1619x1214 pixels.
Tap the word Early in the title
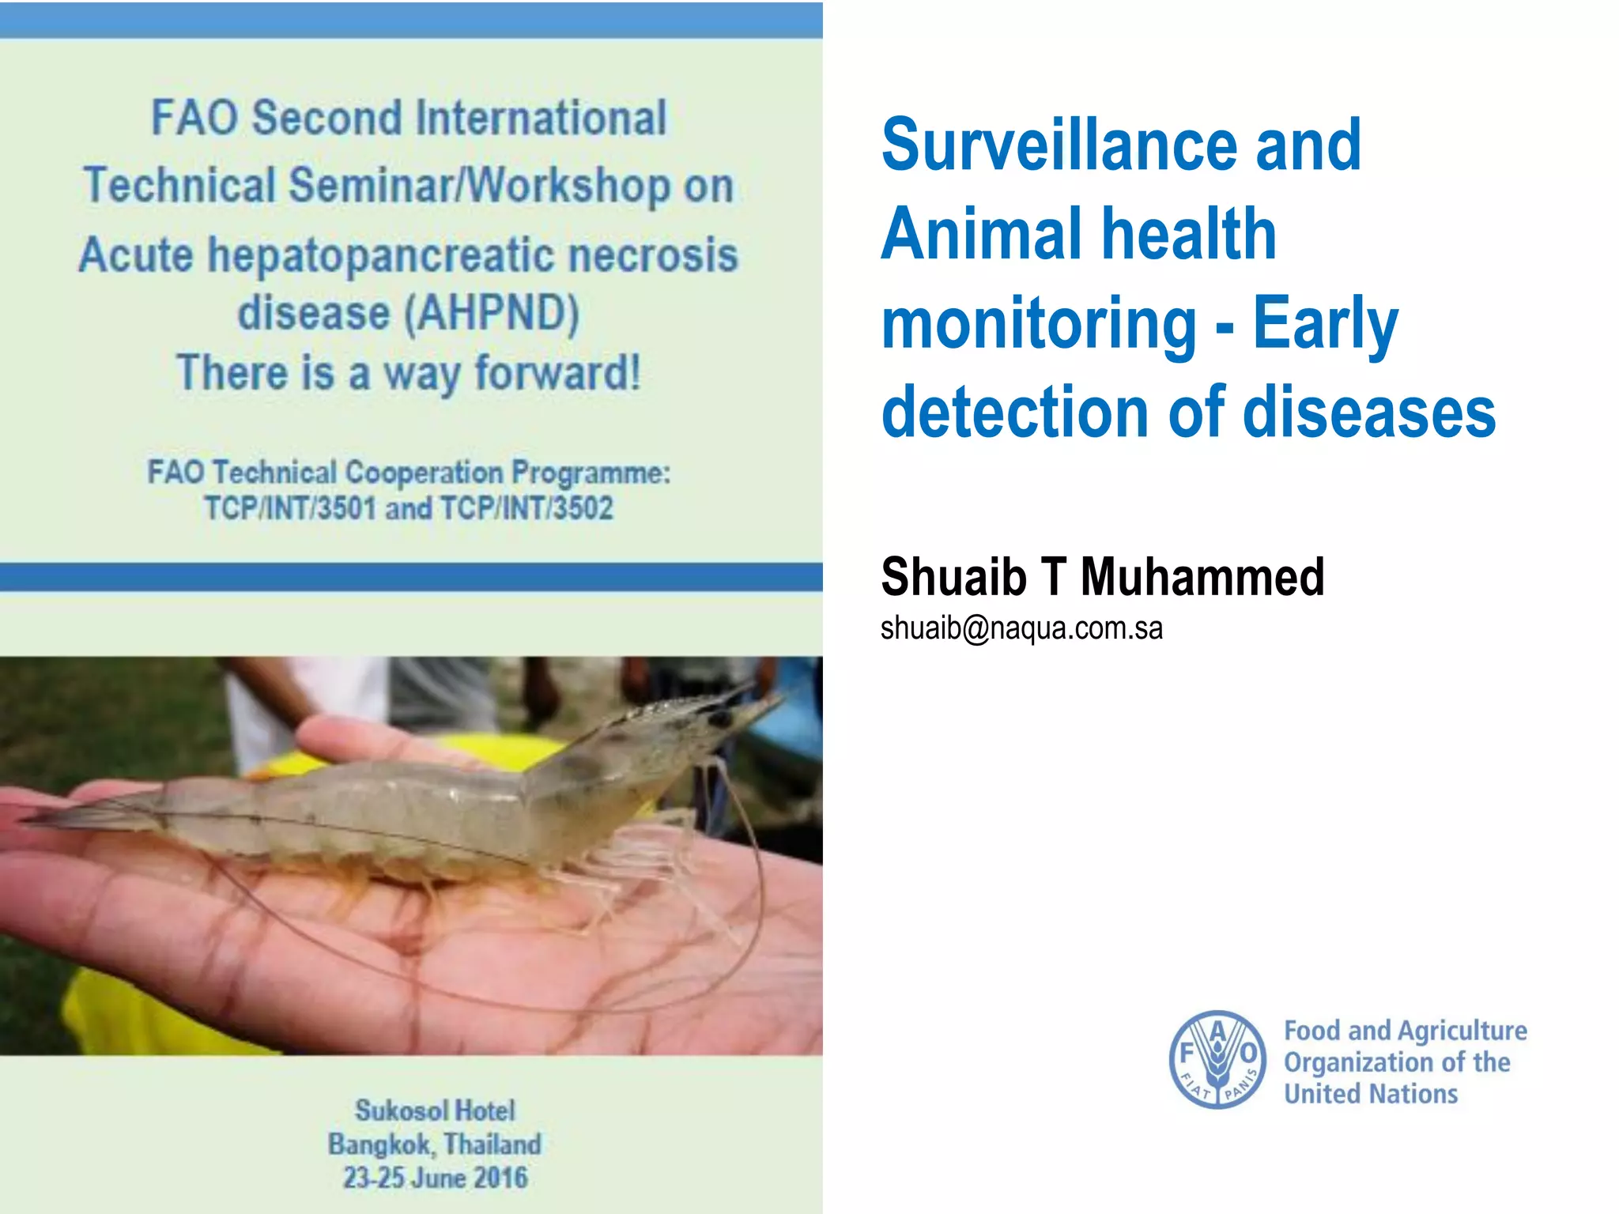tap(1326, 324)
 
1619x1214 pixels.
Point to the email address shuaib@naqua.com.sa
tap(1021, 628)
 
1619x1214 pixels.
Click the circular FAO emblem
tap(1217, 1060)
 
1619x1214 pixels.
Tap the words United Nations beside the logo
tap(1371, 1094)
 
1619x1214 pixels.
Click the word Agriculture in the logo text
tap(1462, 1031)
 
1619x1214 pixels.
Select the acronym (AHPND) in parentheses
tap(492, 313)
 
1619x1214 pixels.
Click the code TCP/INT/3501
tap(289, 508)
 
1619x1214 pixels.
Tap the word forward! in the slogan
tap(557, 373)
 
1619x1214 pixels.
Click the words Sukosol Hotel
tap(435, 1110)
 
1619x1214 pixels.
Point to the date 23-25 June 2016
tap(435, 1178)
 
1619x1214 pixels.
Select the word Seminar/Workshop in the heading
tap(480, 186)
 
